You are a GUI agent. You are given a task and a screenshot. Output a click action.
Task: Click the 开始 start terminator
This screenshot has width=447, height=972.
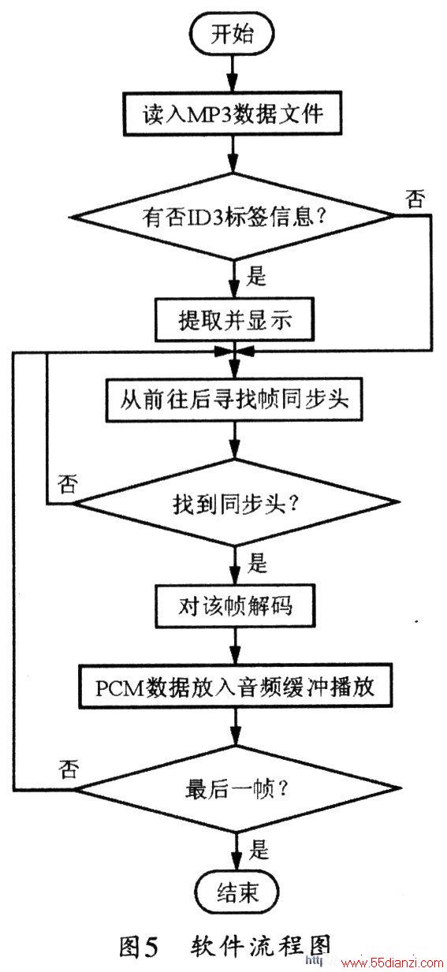point(233,34)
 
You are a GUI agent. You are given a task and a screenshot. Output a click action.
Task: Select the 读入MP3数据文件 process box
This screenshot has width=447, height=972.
point(233,114)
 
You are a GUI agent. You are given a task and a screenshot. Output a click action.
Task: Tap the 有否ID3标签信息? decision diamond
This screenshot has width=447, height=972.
point(234,216)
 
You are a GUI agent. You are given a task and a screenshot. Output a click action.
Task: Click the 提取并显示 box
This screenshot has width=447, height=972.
point(234,320)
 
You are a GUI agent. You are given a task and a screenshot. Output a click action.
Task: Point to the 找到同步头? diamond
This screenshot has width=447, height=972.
point(235,502)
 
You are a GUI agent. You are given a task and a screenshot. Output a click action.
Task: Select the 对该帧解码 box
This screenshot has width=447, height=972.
point(235,606)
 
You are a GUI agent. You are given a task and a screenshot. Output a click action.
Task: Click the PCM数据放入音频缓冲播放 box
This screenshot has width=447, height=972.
point(235,687)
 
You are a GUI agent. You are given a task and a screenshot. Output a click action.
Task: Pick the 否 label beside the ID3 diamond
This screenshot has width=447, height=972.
point(415,199)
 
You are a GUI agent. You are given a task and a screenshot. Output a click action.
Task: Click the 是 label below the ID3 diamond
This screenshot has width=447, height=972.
point(256,277)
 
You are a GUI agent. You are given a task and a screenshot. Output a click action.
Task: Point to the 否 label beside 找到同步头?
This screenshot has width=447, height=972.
point(68,483)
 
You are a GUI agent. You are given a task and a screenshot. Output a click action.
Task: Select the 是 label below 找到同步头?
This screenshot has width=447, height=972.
point(257,563)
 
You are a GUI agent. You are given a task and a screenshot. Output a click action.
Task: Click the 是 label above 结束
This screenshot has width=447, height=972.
point(259,849)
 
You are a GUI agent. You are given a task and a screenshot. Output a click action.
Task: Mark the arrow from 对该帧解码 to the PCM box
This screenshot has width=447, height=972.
point(235,646)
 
